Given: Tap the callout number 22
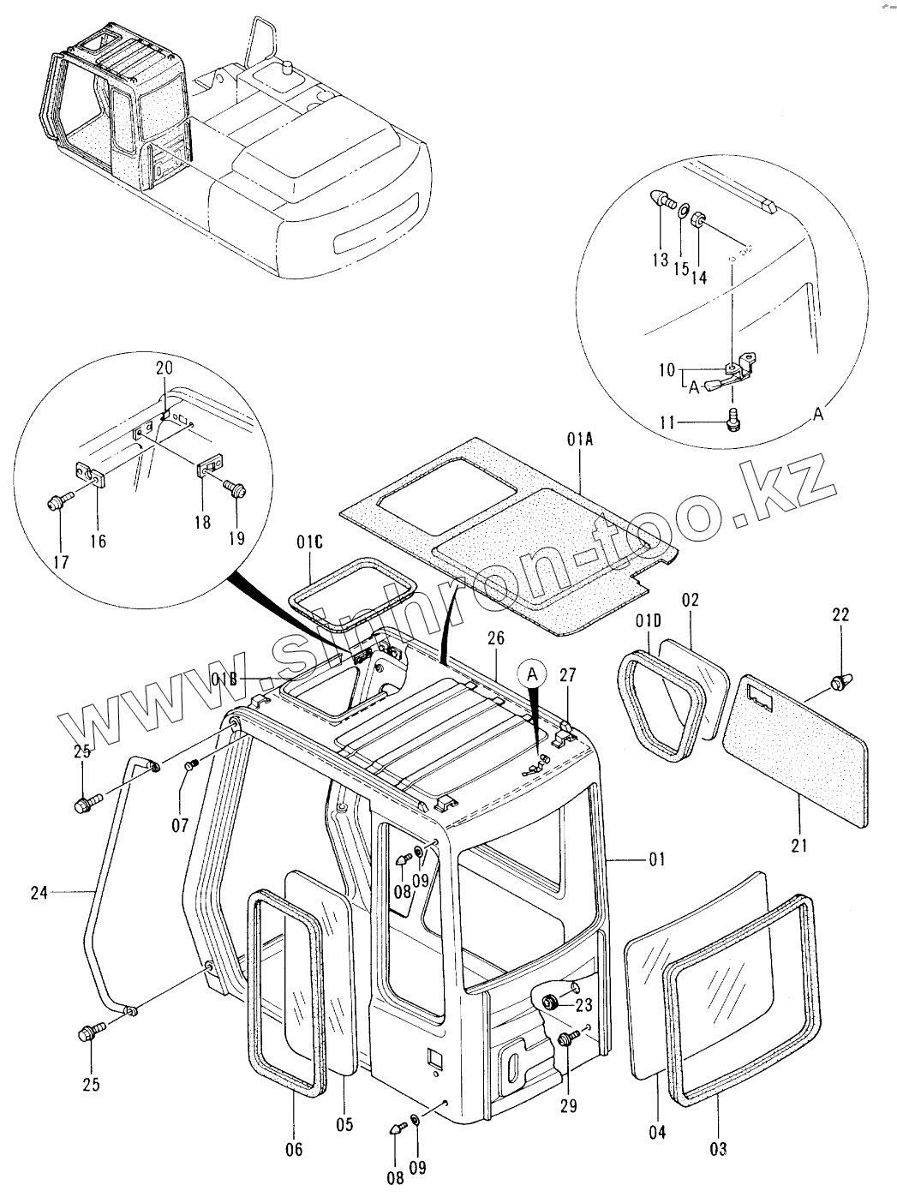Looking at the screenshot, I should point(840,613).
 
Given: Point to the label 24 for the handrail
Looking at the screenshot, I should point(39,892).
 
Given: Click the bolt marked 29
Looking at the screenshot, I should point(565,1038).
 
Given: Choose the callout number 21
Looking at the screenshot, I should point(799,847).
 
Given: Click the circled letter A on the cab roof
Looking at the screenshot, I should point(533,673).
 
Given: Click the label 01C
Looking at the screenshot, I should point(310,541).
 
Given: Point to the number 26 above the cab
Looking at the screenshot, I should point(497,637).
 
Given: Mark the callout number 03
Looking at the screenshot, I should point(718,1147).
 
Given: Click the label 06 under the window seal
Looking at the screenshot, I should point(293,1150).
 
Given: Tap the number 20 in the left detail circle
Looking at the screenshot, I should point(164,367).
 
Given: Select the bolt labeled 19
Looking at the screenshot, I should point(233,486).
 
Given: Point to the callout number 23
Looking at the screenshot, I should point(583,1004).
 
